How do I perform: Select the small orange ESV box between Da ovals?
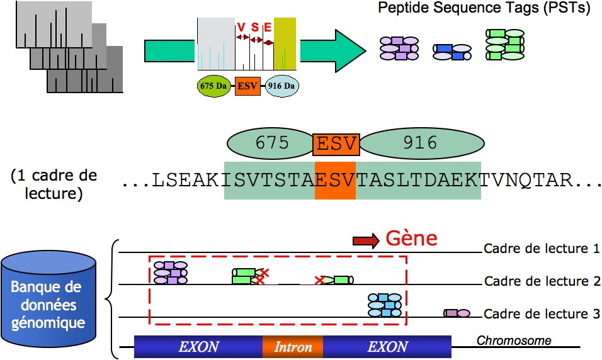[247, 86]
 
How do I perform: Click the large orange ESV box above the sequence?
[336, 143]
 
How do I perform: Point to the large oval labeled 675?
[272, 143]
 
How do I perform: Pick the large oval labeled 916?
[419, 143]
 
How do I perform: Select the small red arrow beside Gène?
[366, 240]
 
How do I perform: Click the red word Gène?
[411, 239]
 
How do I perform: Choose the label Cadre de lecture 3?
[542, 314]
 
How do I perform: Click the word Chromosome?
[514, 341]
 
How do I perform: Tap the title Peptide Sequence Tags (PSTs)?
[485, 9]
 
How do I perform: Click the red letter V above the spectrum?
[242, 26]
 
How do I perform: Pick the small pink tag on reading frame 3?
[457, 313]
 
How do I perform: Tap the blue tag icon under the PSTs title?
[452, 52]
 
